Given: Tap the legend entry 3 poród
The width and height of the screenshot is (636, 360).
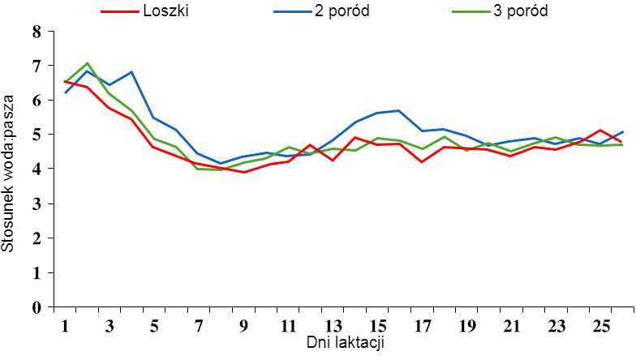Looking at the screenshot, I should point(514,13).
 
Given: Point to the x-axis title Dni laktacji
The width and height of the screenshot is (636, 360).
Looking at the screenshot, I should point(345,343).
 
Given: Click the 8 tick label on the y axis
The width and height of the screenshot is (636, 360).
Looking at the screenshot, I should point(36,32).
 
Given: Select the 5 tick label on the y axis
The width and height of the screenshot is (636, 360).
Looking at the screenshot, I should point(36,135).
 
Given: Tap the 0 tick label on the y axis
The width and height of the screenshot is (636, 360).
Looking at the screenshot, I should point(36,308).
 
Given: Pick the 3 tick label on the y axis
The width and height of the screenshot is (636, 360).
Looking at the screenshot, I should point(36,204).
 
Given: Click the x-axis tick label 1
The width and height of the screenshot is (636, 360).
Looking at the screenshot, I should point(65,326).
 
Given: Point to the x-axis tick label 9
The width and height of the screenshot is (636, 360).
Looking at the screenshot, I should point(243,326).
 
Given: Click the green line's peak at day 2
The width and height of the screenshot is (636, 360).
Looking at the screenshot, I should point(87,62).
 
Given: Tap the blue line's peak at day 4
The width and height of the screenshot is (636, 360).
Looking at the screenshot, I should point(131,72).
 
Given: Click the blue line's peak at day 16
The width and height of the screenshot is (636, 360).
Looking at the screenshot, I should point(398,110).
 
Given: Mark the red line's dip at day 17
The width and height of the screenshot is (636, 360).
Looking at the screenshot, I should point(421,162).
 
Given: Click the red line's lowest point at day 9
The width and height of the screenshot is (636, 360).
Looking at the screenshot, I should point(243,172).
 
